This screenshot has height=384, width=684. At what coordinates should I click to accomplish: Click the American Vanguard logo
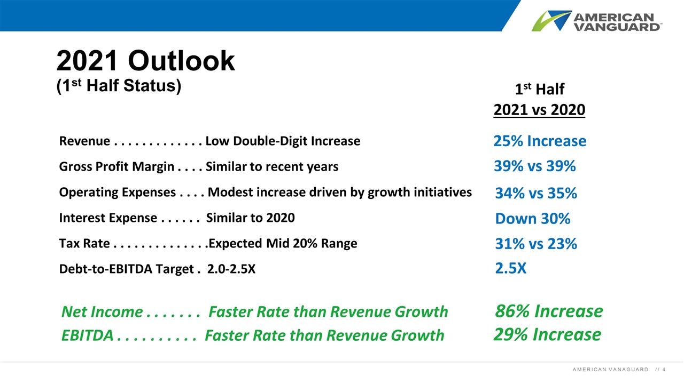tap(597, 21)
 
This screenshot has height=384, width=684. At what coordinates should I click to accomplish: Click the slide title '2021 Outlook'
tap(146, 61)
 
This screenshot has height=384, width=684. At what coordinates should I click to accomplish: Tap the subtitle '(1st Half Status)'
tap(119, 86)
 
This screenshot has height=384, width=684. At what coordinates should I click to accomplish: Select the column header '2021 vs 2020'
tap(539, 110)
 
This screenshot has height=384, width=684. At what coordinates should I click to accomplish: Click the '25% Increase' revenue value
tap(540, 141)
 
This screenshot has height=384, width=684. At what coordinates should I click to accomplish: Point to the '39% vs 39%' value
tap(535, 166)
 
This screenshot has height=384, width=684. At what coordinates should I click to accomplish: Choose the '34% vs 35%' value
tap(536, 193)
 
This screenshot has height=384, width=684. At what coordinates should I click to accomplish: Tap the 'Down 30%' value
tap(533, 219)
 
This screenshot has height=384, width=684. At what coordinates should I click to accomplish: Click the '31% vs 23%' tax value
tap(536, 244)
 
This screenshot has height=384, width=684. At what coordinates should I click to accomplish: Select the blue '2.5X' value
tap(510, 268)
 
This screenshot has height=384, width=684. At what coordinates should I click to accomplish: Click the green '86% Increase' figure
tap(549, 311)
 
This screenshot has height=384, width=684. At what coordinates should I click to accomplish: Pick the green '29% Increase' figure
tap(547, 334)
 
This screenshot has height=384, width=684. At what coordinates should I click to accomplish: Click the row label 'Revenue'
tap(84, 141)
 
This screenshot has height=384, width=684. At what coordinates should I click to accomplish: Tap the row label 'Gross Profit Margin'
tap(116, 167)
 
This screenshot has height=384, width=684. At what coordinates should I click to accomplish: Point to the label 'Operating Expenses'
tap(117, 193)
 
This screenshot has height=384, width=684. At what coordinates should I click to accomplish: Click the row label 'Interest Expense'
tap(108, 218)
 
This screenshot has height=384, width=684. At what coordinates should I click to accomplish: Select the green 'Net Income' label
tap(102, 312)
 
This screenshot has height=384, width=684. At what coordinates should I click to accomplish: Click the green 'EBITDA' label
tap(87, 335)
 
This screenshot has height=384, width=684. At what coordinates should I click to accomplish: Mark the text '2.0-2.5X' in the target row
tap(231, 269)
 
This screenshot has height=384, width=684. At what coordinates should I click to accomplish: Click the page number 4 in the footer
tap(664, 370)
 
